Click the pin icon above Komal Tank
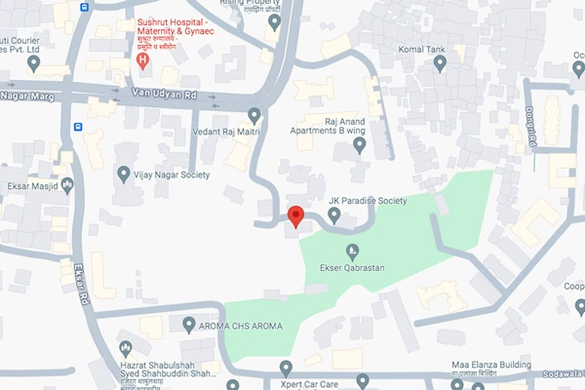point(439,63)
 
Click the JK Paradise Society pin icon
point(334,214)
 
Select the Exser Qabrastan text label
point(352,267)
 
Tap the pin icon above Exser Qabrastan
point(352,250)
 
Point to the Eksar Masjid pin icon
point(67,182)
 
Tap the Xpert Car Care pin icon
point(286,368)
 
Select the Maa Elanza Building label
point(491,365)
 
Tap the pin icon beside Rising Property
point(274,21)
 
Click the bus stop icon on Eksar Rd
point(76,126)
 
